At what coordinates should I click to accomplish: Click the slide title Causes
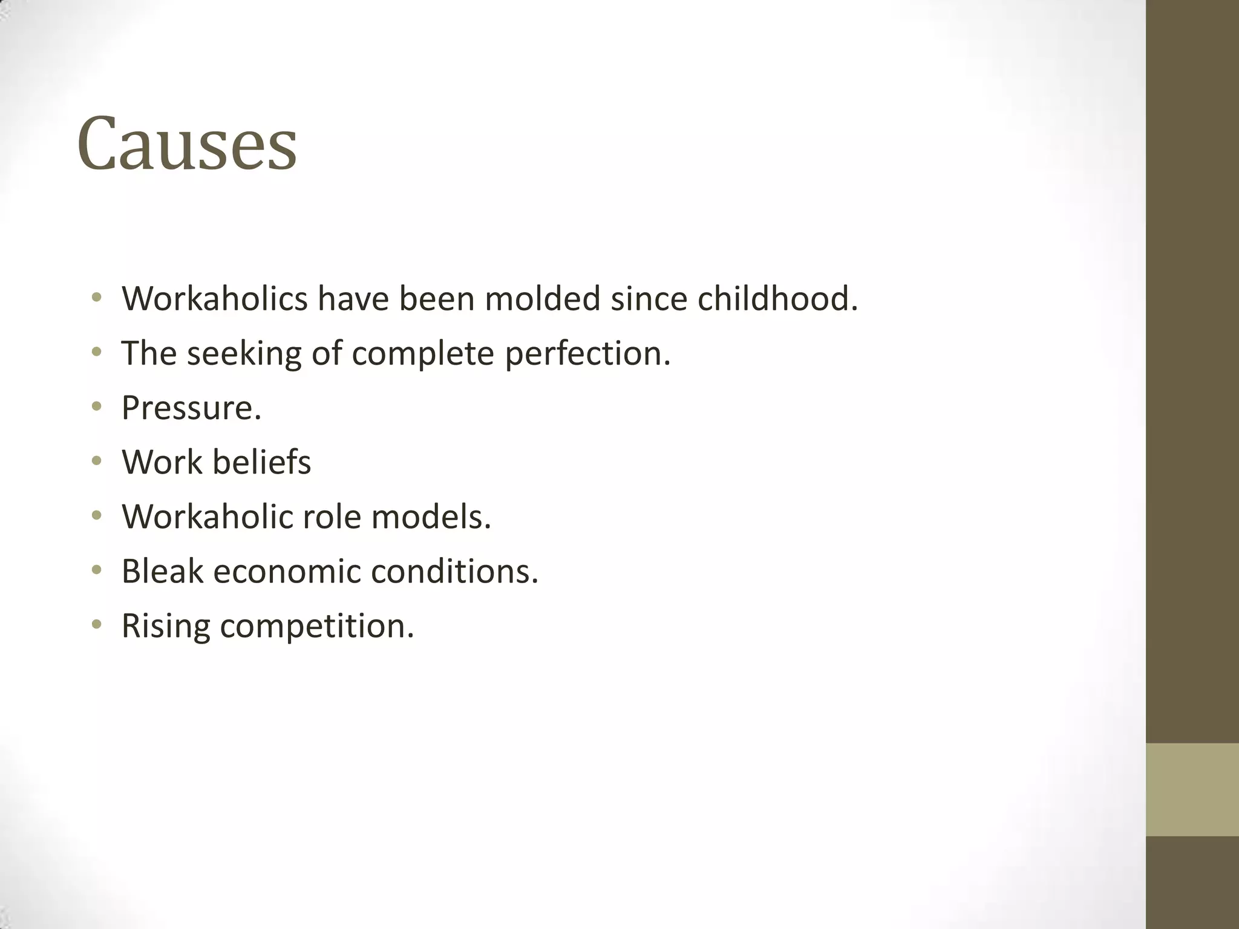(187, 144)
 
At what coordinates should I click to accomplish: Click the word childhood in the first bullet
(777, 299)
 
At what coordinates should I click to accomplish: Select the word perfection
(587, 353)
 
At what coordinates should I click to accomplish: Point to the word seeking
(244, 353)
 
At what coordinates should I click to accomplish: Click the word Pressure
(191, 408)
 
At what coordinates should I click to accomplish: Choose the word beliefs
(262, 462)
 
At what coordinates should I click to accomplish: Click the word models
(431, 517)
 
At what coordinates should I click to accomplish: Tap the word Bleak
(162, 571)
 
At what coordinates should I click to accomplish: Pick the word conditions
(454, 571)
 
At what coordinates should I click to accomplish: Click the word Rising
(166, 625)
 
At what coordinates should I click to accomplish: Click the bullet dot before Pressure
(96, 407)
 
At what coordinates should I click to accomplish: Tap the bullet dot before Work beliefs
(96, 461)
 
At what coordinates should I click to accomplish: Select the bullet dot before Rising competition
(96, 625)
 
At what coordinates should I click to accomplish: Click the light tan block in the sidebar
(1192, 789)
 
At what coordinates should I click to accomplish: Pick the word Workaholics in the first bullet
(214, 299)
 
